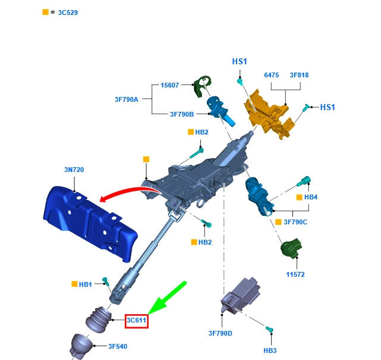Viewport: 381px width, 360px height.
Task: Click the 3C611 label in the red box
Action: [x=137, y=320]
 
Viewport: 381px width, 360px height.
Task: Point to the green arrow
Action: [x=167, y=298]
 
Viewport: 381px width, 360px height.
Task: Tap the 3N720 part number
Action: [x=74, y=170]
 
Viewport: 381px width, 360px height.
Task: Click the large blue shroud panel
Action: [x=90, y=224]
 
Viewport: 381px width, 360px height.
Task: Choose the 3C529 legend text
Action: [x=68, y=12]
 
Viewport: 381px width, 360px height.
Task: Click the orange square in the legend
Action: [x=45, y=12]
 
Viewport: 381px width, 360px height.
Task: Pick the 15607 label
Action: [x=169, y=85]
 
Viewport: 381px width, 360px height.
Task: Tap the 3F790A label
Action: [x=127, y=99]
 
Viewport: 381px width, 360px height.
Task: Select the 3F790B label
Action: [x=182, y=114]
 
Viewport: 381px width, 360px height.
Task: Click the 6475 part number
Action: [x=272, y=75]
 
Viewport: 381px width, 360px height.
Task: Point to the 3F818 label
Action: [x=299, y=75]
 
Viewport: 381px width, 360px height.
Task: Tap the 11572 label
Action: [x=295, y=274]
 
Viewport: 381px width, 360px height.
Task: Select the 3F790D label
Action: [x=221, y=333]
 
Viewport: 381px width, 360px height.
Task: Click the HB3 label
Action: [x=270, y=350]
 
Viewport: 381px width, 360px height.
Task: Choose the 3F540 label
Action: [x=118, y=346]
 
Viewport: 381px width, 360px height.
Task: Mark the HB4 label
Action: [x=311, y=197]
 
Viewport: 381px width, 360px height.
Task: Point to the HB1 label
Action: [x=85, y=284]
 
